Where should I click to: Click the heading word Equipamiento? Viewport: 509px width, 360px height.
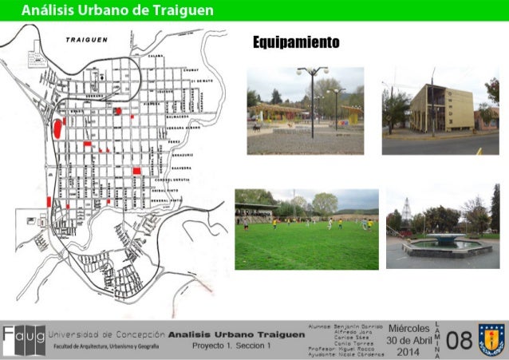point(296,42)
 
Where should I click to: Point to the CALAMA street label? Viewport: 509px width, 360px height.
point(156,56)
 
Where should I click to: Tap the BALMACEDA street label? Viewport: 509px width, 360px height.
point(177,117)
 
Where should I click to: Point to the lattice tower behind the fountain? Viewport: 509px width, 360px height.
point(406,212)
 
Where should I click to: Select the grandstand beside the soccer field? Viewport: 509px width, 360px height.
point(255,212)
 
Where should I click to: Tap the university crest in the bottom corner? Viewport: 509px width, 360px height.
point(491,339)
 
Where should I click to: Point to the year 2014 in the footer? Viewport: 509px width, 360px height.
point(408,352)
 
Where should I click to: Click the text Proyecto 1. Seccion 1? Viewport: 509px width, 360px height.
point(231,345)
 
